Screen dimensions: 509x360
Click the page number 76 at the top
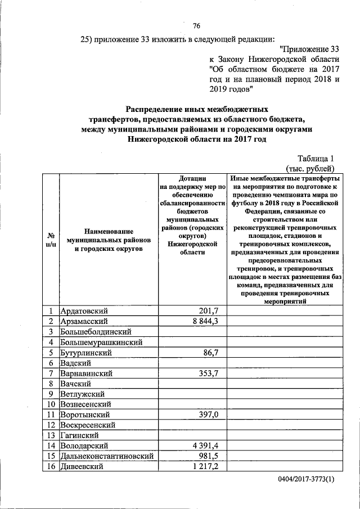pyautogui.click(x=196, y=26)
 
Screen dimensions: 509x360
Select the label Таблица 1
pyautogui.click(x=316, y=158)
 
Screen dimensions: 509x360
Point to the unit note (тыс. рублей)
pyautogui.click(x=310, y=168)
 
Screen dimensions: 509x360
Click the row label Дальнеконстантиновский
pyautogui.click(x=106, y=456)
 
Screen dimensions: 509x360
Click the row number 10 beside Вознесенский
pyautogui.click(x=51, y=404)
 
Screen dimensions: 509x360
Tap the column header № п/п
pyautogui.click(x=51, y=240)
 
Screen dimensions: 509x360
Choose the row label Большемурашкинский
pyautogui.click(x=101, y=342)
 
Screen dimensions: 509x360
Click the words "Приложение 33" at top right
pyautogui.click(x=310, y=48)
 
